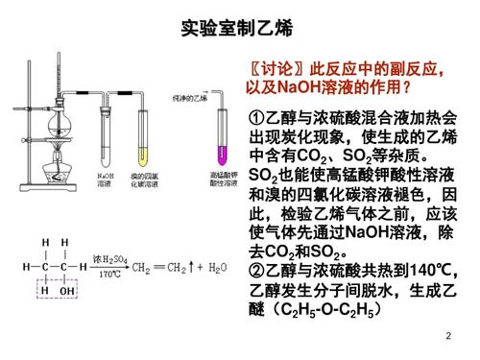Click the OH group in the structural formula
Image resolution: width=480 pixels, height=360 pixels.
pos(66,288)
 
